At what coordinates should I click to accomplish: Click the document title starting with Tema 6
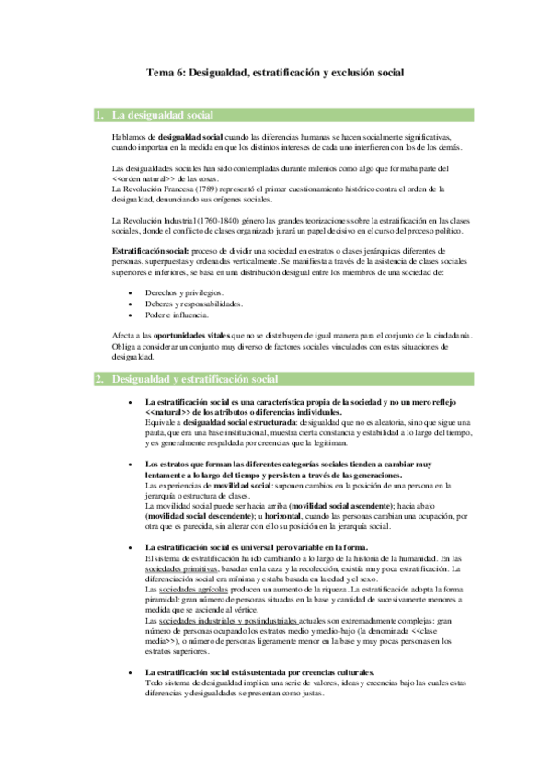[276, 71]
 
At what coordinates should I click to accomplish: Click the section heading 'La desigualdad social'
[162, 115]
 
